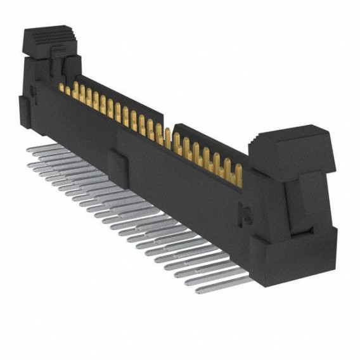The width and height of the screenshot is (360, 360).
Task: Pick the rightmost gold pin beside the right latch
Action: [239, 172]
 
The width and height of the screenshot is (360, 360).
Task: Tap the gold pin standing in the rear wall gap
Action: [167, 136]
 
